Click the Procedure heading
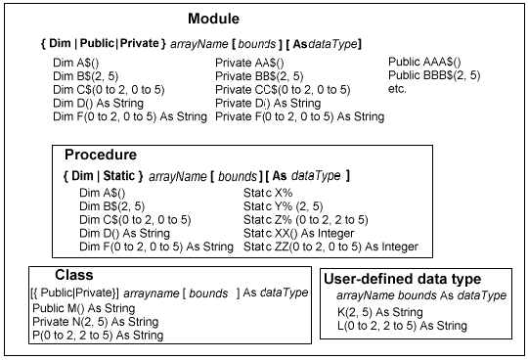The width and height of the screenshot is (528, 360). [x=101, y=156]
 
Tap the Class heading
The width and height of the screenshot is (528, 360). [x=74, y=276]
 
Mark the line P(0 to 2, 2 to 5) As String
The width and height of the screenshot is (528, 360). [x=82, y=335]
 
